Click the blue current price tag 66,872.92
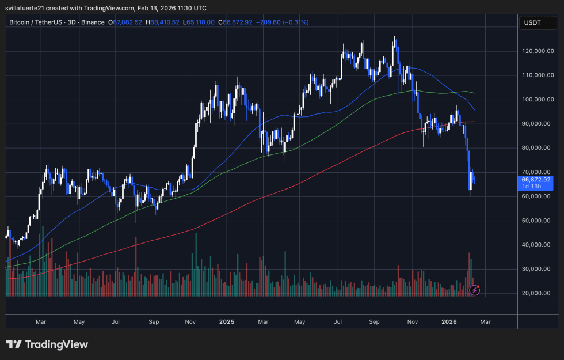[536, 179]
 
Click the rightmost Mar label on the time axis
[485, 322]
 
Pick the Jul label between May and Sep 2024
[116, 322]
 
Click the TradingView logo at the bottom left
[47, 344]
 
